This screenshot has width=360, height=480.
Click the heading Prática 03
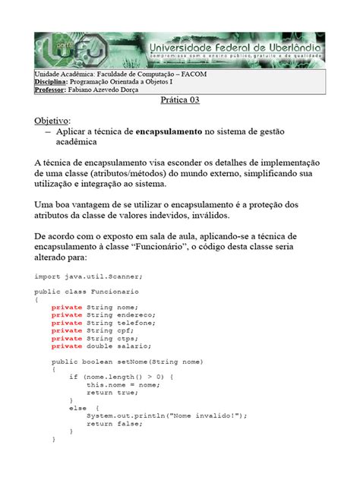pyautogui.click(x=180, y=100)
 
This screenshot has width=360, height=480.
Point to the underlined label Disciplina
pyautogui.click(x=51, y=81)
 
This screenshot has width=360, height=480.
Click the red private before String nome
pyautogui.click(x=67, y=306)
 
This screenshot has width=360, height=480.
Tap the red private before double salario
pyautogui.click(x=67, y=346)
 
